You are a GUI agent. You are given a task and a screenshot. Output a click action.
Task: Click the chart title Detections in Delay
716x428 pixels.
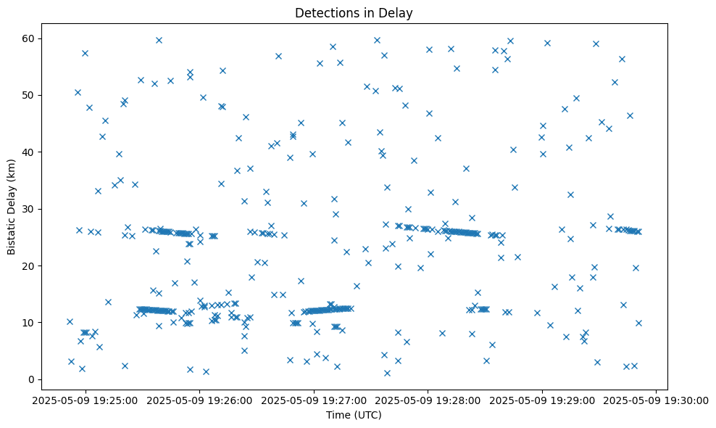click(x=354, y=13)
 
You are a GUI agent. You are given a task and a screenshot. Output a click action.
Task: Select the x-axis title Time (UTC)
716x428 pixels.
click(x=354, y=416)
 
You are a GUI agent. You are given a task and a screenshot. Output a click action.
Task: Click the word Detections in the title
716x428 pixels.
click(x=324, y=13)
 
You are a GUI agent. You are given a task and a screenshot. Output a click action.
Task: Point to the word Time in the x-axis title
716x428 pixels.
click(x=338, y=416)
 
